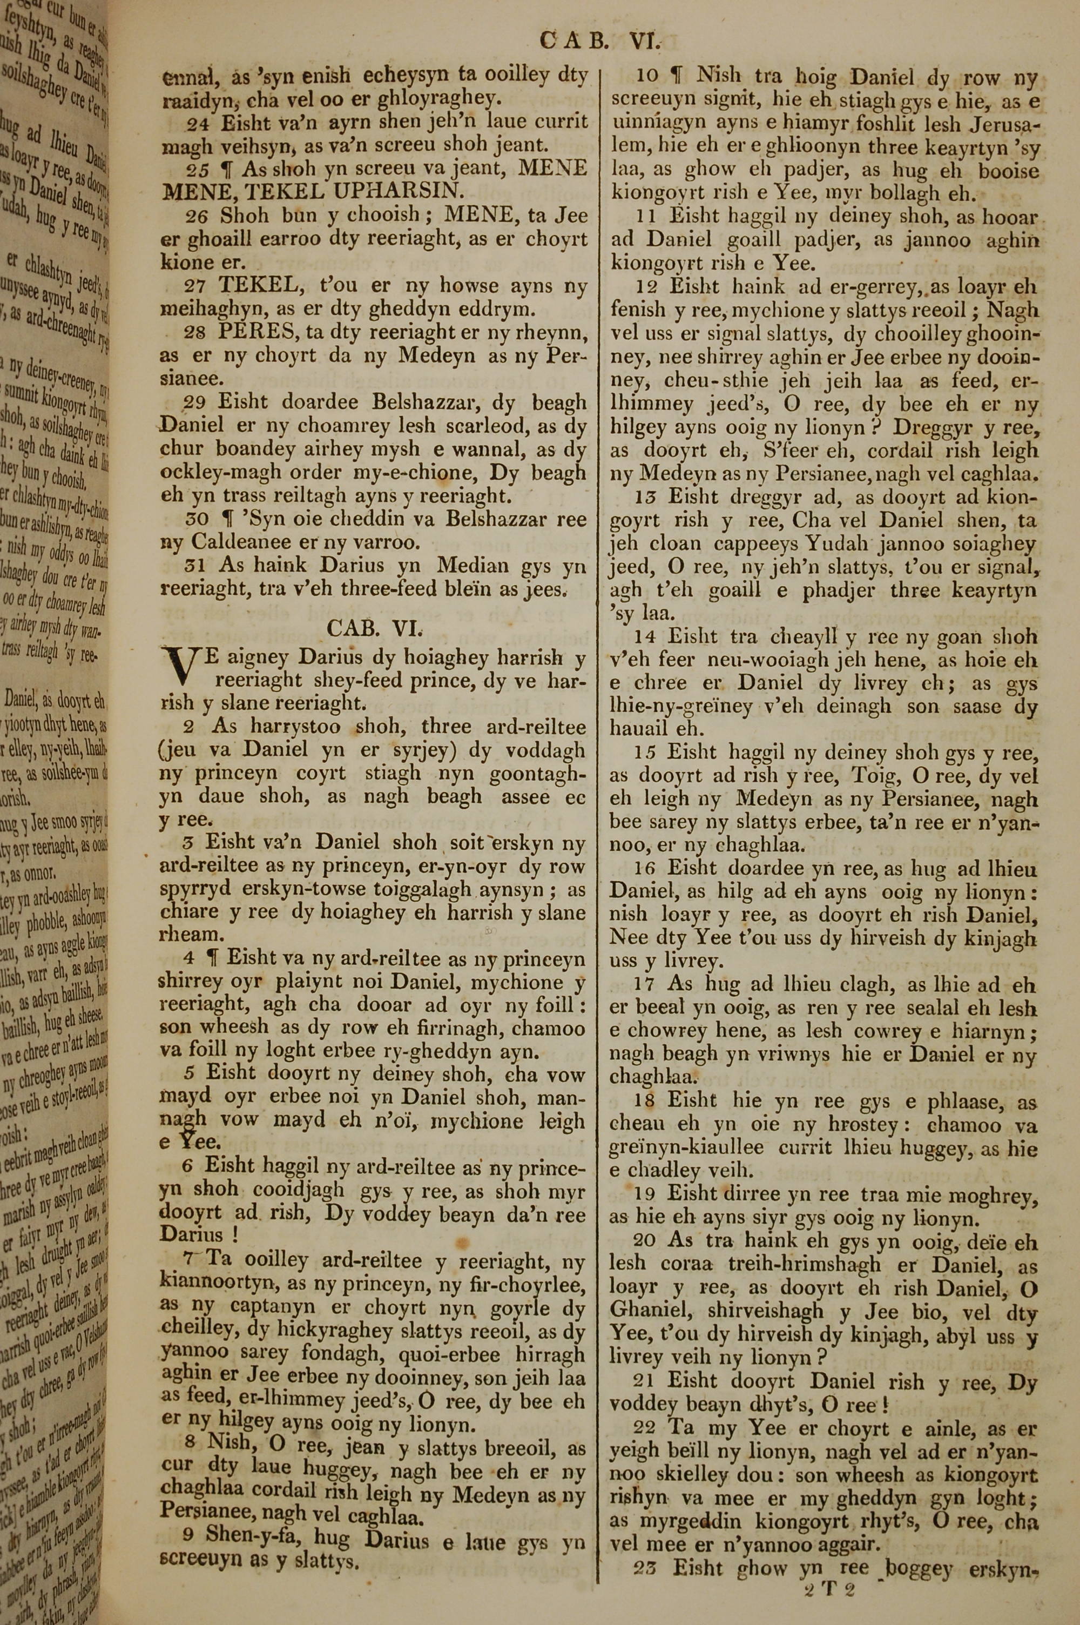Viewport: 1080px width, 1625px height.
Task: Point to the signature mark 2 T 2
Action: click(828, 1585)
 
